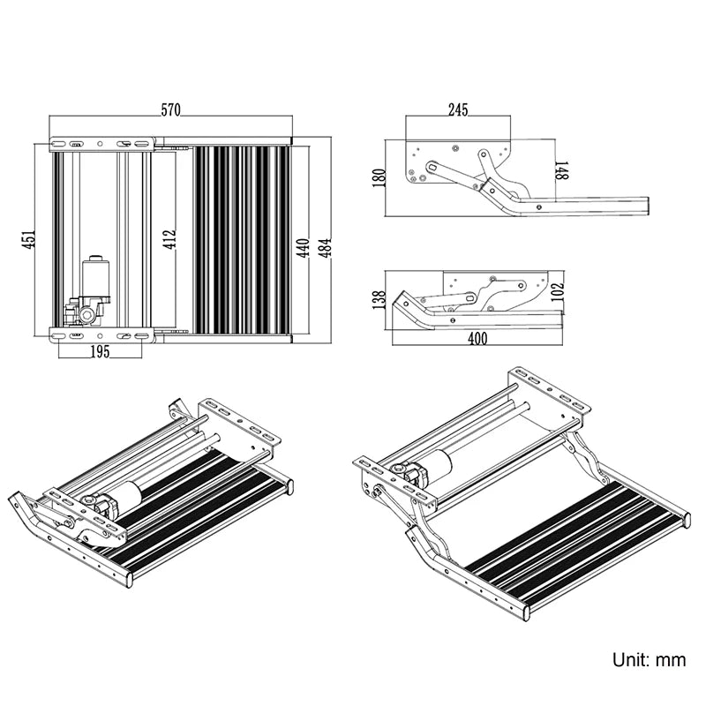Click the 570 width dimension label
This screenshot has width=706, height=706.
pos(170,109)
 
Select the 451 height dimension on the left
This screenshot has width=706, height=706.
pos(28,239)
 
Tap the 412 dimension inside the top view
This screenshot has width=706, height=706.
pos(169,239)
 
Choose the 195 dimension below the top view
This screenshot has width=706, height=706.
pos(100,352)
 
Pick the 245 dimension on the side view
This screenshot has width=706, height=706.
pos(457,109)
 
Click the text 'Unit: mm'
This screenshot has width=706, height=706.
pos(649,659)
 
